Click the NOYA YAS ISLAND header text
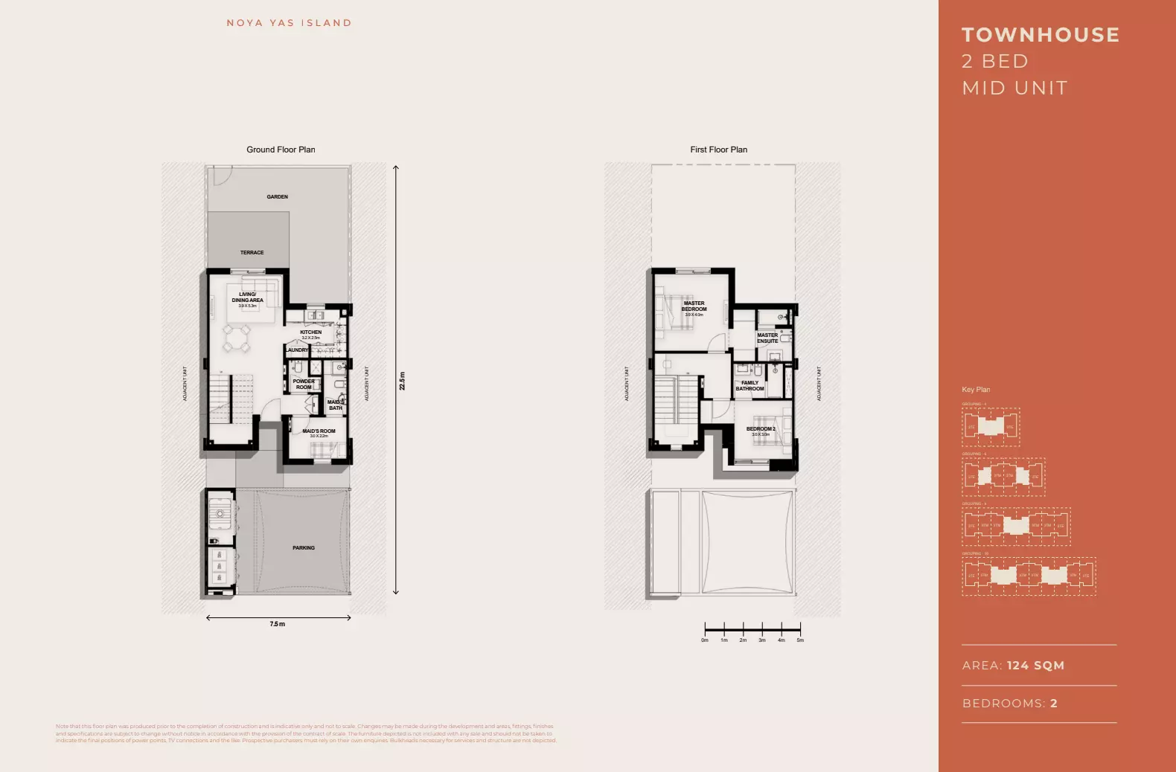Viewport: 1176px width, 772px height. coord(289,23)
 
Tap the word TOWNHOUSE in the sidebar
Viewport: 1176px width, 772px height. coord(1041,35)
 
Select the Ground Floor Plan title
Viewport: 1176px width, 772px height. coord(281,149)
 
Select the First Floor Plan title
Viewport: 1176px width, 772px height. coord(718,149)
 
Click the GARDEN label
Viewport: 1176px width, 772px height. coord(277,197)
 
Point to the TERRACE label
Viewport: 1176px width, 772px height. coord(252,253)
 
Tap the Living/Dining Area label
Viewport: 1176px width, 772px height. coord(247,298)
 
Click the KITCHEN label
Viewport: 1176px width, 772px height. coord(310,332)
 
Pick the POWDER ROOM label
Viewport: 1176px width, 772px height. coord(304,385)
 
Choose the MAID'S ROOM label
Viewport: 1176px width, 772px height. coord(319,431)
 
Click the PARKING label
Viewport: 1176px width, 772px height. coord(303,548)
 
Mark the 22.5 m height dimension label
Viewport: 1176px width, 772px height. coord(402,381)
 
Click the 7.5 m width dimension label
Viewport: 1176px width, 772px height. coord(277,624)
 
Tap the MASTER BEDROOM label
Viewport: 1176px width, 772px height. coord(694,306)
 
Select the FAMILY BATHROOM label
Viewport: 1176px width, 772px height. coord(750,386)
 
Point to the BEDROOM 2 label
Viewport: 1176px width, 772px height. coord(761,429)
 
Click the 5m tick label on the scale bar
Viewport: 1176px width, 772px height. coord(800,640)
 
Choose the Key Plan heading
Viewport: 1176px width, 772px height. coord(976,390)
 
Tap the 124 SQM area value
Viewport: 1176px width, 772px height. coord(1035,666)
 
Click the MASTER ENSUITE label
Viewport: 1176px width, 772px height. coord(767,338)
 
